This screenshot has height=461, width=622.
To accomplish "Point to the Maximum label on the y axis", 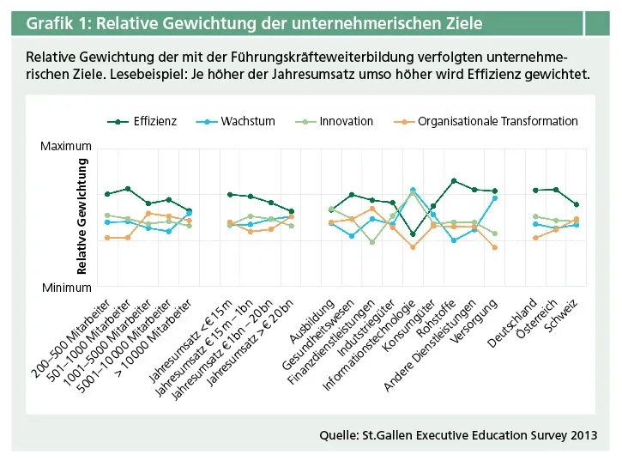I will [65, 148].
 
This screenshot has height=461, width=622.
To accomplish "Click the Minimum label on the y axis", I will [66, 288].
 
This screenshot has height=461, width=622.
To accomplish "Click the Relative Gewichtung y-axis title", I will [82, 216].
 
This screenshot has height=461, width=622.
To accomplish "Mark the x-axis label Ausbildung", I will [312, 318].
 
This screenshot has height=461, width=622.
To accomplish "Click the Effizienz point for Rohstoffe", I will [453, 181].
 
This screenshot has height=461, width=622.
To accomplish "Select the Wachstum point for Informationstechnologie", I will [413, 190].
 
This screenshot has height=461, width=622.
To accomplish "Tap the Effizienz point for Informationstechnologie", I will [413, 234].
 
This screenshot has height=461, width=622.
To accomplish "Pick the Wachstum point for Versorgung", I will [494, 197].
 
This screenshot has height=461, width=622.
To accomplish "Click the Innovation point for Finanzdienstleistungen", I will [371, 242].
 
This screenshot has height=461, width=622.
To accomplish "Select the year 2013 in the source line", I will [580, 435].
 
